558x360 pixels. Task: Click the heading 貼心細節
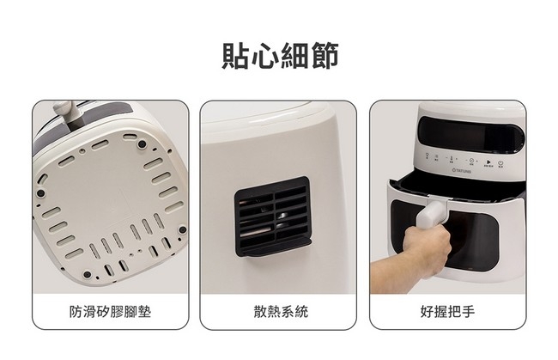[279, 53]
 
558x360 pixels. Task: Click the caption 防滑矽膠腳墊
[110, 311]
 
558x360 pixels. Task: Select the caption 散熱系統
[280, 311]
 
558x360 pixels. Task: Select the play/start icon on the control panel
[488, 161]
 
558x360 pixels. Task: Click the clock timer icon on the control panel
[470, 161]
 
